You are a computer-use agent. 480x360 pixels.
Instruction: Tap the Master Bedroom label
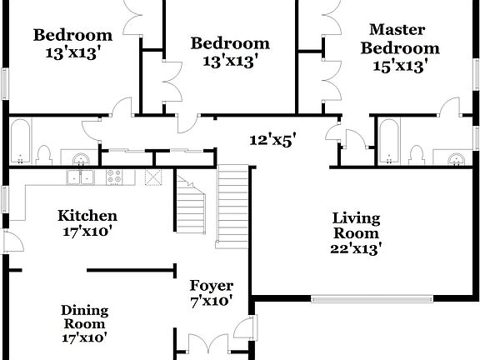pos(399,39)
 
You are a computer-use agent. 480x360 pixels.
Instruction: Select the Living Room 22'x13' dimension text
pos(356,249)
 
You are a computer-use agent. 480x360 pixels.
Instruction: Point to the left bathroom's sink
pos(81,158)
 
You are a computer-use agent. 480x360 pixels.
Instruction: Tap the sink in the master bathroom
pos(454,158)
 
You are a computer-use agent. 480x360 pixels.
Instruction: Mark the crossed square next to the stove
pos(152,177)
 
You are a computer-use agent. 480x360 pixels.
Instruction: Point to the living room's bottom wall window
pos(347,298)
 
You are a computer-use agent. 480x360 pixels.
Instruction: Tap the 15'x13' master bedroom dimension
pos(399,63)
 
